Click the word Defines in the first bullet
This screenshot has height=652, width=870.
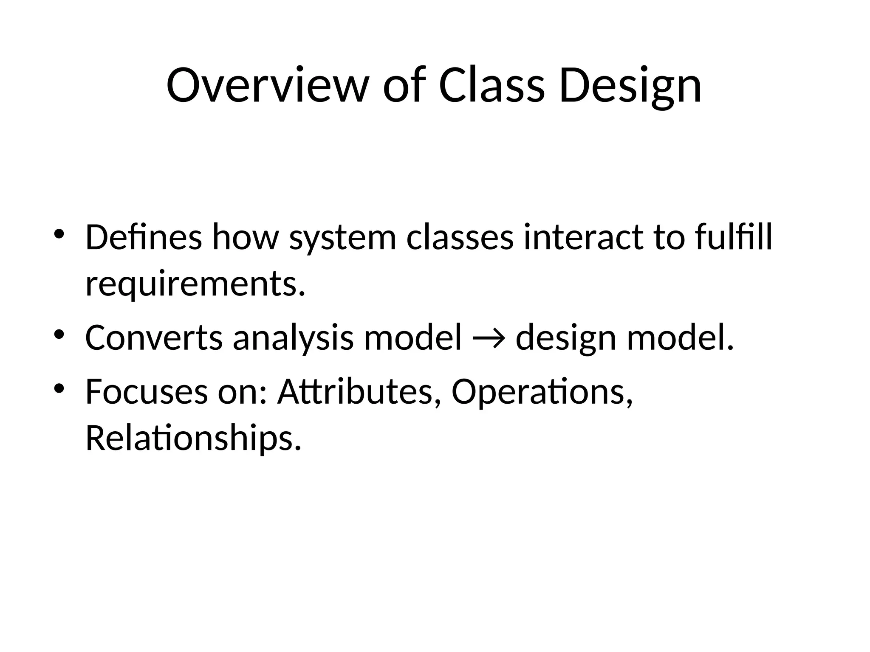pos(143,237)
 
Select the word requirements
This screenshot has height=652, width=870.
pos(195,285)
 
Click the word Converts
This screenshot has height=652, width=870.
pos(154,338)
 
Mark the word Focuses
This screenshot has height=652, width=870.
pos(147,391)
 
